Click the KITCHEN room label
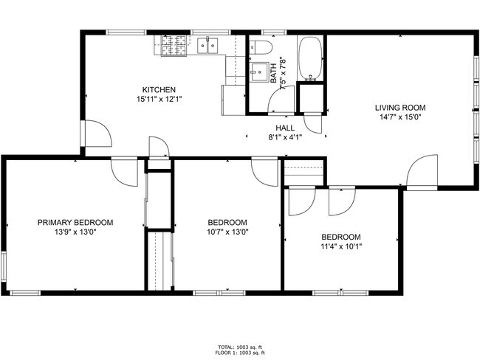coord(159,90)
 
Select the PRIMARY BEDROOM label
coord(75,222)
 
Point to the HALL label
coord(275,128)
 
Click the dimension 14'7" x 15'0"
coord(402,117)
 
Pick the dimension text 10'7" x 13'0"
coord(227,232)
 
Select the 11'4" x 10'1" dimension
coord(340,246)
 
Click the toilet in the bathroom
coord(258,49)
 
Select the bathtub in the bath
coord(310,59)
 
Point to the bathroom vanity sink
coord(258,72)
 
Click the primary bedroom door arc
coord(125,173)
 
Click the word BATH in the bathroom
coord(273,72)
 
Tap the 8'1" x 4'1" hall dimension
coord(284,136)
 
